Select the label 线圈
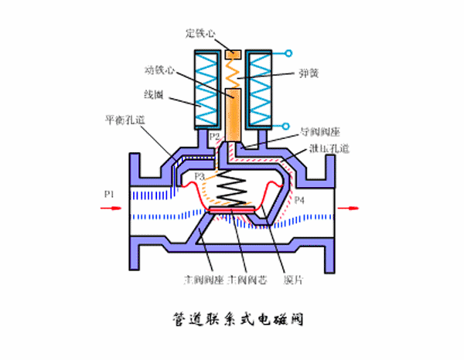(x=153, y=95)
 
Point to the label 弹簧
(x=309, y=75)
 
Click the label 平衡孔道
(x=125, y=121)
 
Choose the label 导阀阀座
(x=317, y=132)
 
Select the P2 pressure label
(x=215, y=136)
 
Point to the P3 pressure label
(x=200, y=176)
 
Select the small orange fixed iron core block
(x=233, y=54)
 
